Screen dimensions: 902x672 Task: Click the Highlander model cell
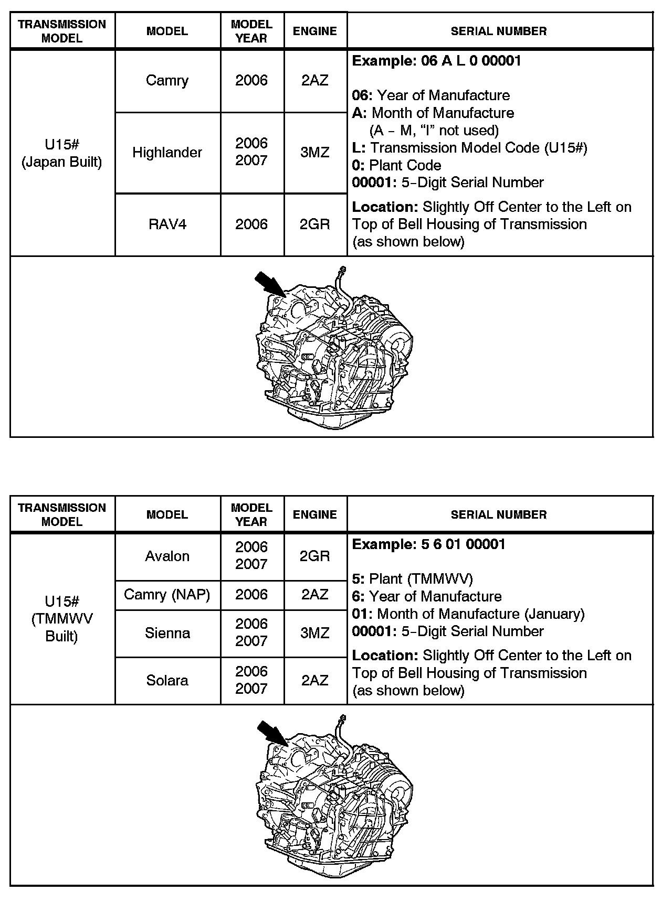(167, 152)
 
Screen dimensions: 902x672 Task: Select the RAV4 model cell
(167, 224)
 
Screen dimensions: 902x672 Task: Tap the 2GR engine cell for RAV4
(315, 224)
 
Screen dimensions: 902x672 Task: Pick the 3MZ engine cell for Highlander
(315, 152)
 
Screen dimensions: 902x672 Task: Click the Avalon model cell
(167, 556)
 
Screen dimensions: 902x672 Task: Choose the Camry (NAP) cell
(167, 594)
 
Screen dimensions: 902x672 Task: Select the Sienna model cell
(167, 633)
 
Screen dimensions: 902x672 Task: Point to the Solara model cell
(167, 680)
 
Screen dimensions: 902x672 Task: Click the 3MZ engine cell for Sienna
(315, 633)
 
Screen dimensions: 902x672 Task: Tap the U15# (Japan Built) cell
(62, 153)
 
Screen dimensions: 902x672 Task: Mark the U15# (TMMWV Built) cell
(62, 619)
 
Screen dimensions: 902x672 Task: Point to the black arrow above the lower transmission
(271, 733)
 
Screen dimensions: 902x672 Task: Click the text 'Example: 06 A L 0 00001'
(436, 61)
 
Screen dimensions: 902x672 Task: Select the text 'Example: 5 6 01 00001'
(428, 544)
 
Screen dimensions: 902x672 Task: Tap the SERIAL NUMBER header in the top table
(499, 31)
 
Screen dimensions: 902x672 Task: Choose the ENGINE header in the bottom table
(315, 515)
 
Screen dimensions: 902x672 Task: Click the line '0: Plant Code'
(396, 165)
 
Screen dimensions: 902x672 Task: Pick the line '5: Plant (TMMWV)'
(412, 579)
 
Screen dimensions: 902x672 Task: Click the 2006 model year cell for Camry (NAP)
(251, 594)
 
